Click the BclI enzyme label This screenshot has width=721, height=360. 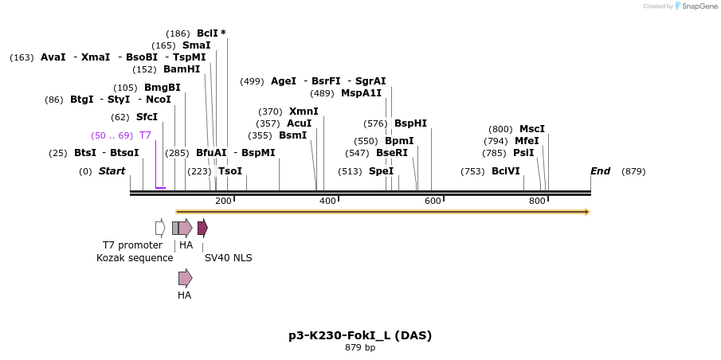coord(207,33)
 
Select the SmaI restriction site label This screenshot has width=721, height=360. coord(196,45)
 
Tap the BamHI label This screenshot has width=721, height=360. coord(182,69)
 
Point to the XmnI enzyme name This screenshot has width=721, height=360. coord(303,112)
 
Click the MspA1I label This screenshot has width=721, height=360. coord(361,93)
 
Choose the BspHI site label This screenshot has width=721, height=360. coord(410,123)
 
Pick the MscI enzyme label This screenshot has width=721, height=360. coord(532,129)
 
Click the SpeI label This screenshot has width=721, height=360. coord(381,171)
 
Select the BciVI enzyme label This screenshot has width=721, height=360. coord(505,171)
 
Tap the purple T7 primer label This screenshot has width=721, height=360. coord(145,135)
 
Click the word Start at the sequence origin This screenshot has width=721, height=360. coord(112,171)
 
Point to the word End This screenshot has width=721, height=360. coord(600,171)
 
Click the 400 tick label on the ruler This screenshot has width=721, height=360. coord(327,201)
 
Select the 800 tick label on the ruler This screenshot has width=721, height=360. coord(537,201)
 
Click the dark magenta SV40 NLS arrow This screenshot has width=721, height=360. coord(202,228)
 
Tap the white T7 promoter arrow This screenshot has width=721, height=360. coord(160,229)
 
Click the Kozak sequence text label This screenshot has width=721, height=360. coord(135,258)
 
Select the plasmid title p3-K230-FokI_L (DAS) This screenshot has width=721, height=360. coord(360,335)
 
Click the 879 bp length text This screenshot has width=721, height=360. coord(360,348)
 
